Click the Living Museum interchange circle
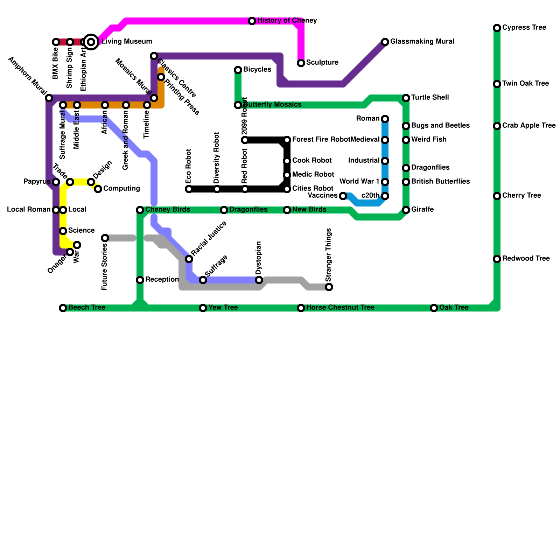91,42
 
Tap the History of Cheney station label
287,21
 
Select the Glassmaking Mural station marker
385,42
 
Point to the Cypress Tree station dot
497,28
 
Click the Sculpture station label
322,63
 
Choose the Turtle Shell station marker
406,98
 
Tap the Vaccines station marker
343,196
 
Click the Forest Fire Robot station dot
287,140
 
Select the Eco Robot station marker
189,189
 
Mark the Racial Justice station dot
189,259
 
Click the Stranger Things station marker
329,287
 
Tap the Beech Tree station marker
63,308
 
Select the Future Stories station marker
105,238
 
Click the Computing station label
121,189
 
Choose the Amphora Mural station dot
49,98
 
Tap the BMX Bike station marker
56,42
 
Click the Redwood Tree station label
526,259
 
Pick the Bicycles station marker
238,70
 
